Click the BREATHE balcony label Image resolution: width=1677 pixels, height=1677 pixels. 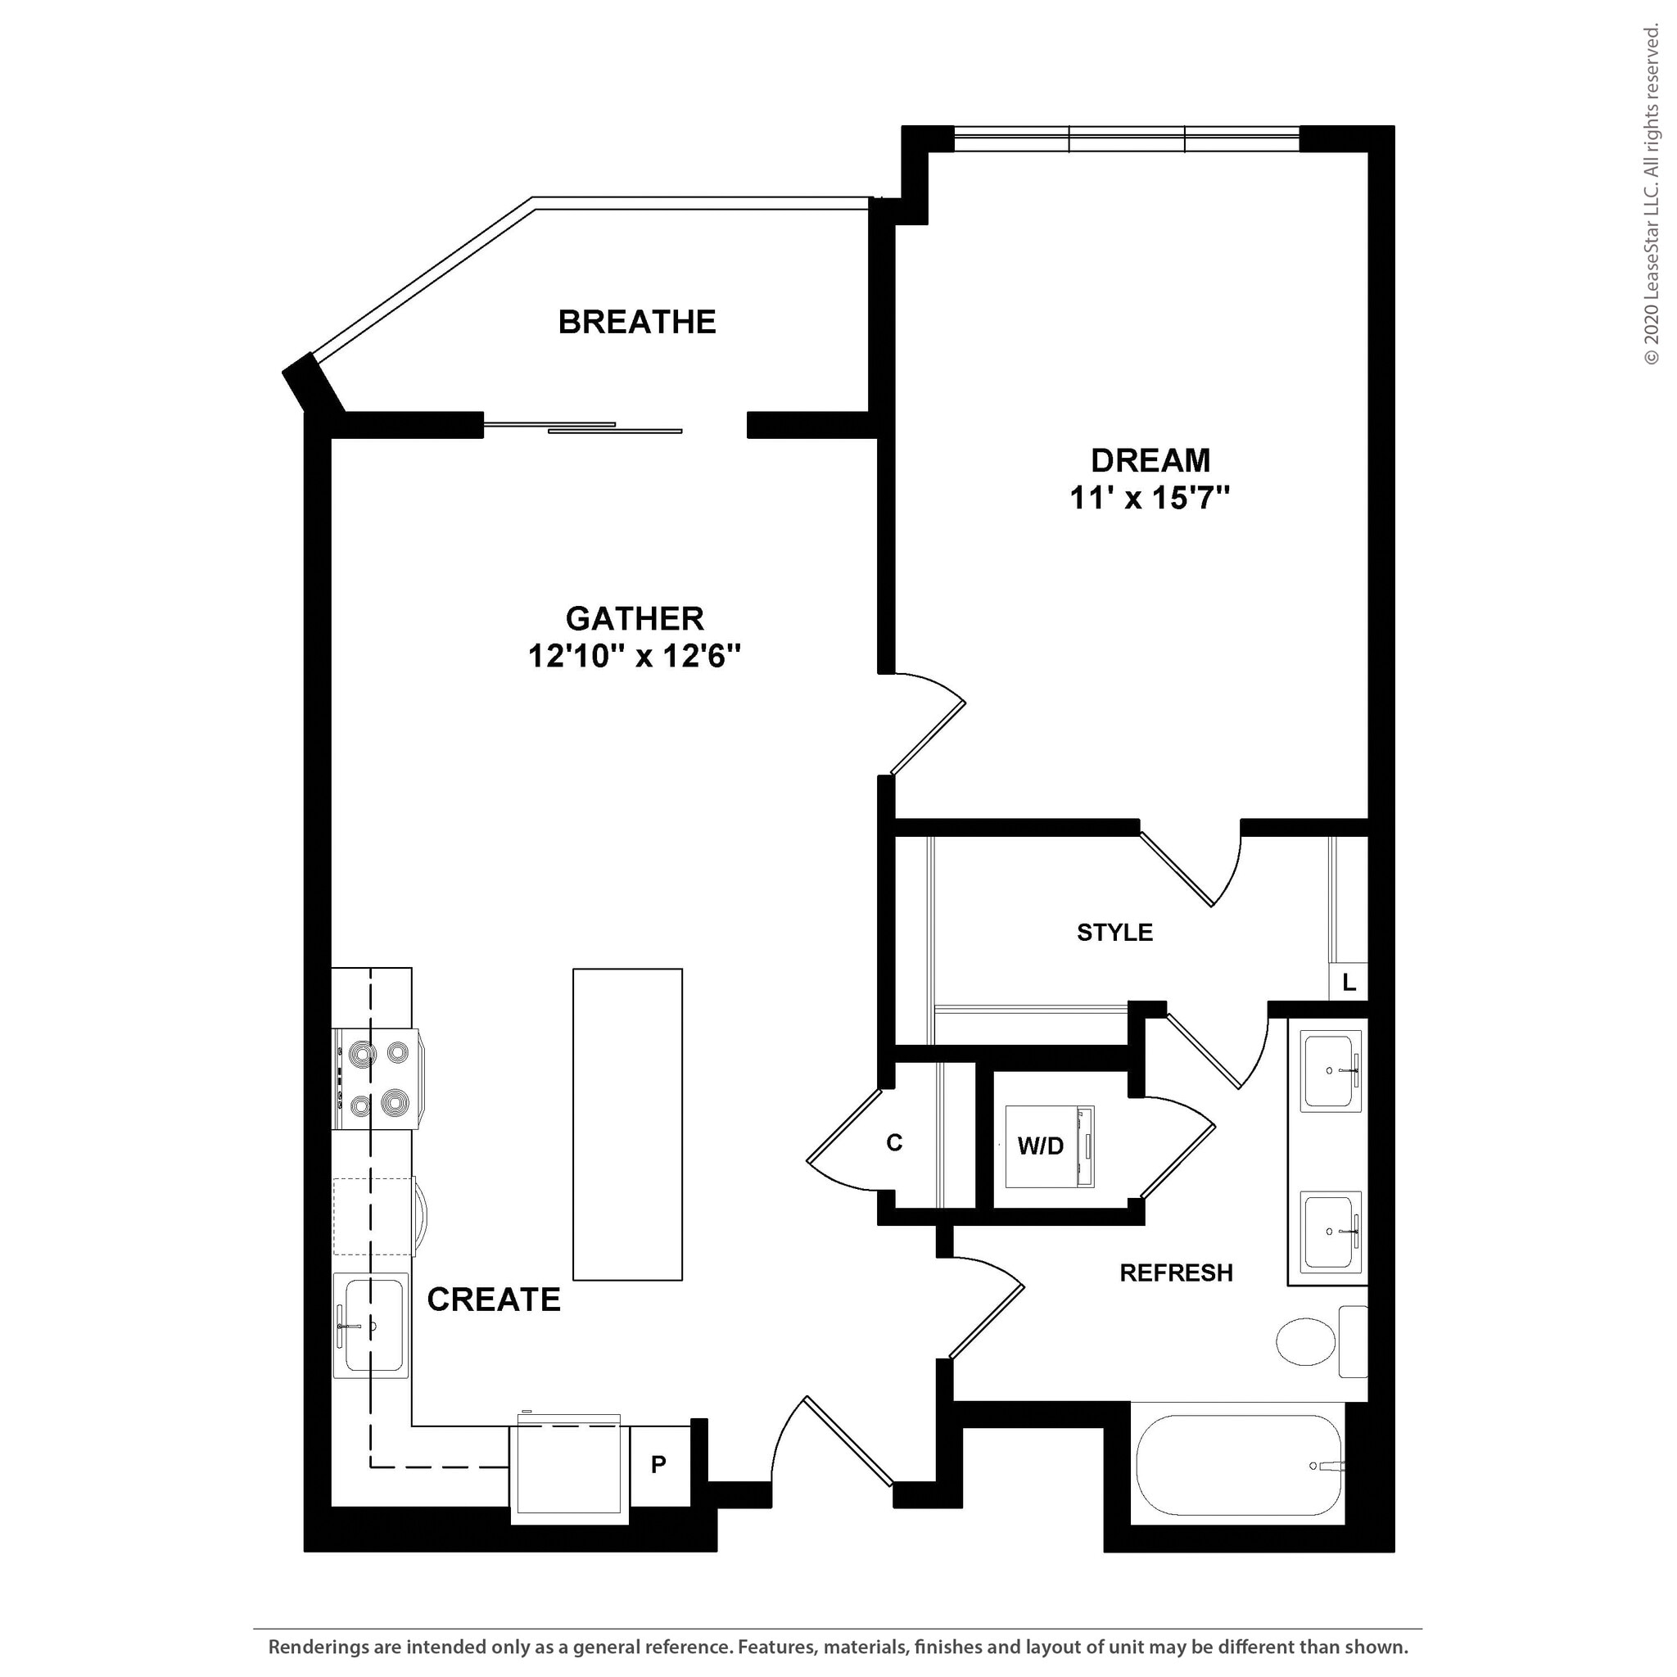tap(636, 322)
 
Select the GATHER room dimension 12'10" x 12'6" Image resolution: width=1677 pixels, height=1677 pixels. tap(635, 656)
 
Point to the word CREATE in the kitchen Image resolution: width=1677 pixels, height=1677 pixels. tap(493, 1300)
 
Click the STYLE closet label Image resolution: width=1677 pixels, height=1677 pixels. tap(1114, 932)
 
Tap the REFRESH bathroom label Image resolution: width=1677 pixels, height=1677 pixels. tap(1175, 1272)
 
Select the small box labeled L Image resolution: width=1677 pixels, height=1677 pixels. tap(1348, 983)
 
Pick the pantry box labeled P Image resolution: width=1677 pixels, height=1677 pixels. tap(659, 1465)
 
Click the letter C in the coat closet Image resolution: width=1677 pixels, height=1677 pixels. tap(894, 1143)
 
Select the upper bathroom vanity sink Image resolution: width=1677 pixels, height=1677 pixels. tap(1330, 1071)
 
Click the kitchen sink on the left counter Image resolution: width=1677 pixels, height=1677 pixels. tap(372, 1326)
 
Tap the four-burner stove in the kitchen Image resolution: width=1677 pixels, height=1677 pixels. tap(377, 1079)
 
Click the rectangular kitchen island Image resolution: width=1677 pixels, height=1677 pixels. tap(626, 1124)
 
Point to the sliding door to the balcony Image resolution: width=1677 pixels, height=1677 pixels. tap(583, 427)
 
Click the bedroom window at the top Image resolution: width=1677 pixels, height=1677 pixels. tap(1126, 139)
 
